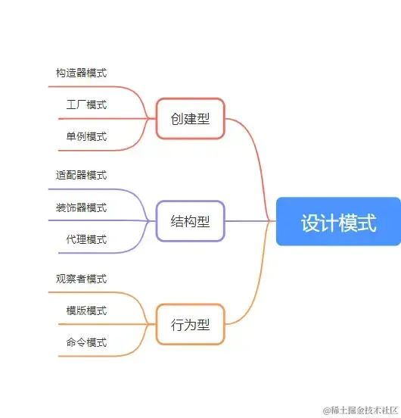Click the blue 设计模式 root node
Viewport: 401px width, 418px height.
coord(338,222)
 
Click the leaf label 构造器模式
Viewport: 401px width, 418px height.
coord(81,73)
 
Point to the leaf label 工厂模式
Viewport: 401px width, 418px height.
coord(86,104)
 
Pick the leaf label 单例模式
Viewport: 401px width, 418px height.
coord(86,136)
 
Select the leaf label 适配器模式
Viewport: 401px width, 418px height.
coord(81,176)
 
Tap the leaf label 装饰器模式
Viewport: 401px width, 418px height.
coord(81,207)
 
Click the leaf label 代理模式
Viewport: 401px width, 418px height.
coord(86,239)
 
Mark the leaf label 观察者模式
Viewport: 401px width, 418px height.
coord(81,279)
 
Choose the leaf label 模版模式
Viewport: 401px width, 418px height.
coord(86,310)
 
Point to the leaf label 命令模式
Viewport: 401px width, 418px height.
coord(86,342)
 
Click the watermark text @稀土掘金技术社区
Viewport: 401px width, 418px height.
coord(361,410)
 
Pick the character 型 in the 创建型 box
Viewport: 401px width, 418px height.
coord(204,119)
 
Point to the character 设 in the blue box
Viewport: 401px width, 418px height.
coord(310,223)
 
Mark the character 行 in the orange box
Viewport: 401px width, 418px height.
coord(177,325)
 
